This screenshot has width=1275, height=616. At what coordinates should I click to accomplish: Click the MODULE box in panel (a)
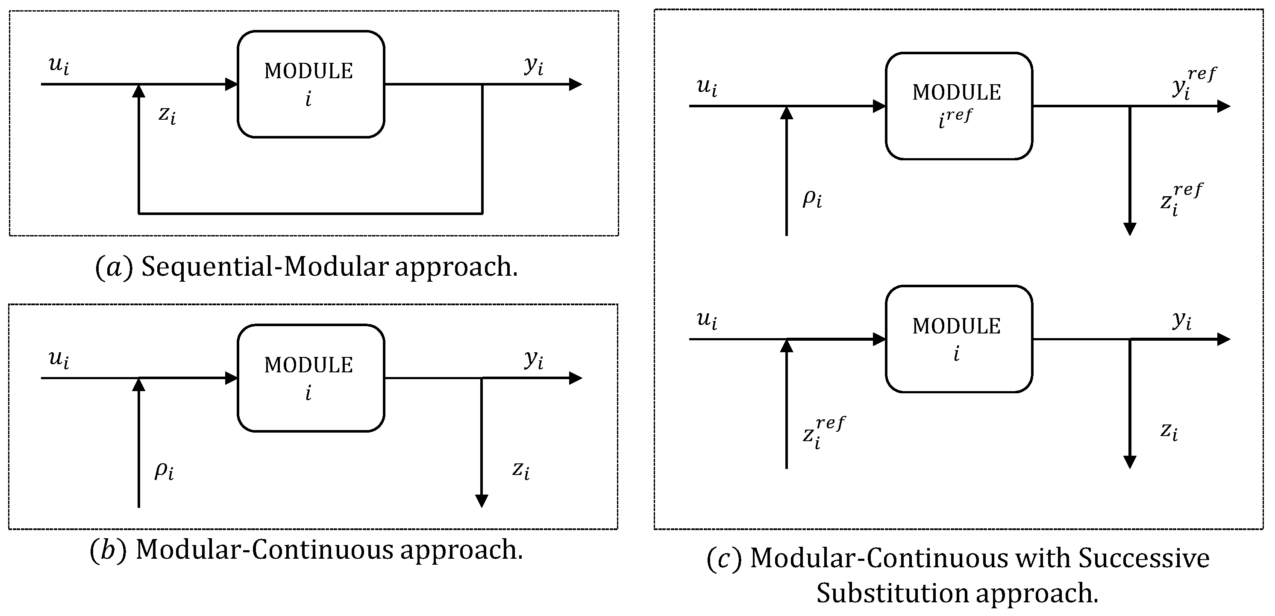coord(311,84)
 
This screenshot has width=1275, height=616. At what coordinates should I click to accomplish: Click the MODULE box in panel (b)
coord(311,378)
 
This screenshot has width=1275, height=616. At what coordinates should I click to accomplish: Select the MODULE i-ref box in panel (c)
coord(959,106)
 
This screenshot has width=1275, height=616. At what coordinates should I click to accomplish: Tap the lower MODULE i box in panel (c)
coord(959,339)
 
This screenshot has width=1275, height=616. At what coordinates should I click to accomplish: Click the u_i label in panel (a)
coord(59,65)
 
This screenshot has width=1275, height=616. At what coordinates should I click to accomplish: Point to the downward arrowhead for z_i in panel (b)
coord(482,501)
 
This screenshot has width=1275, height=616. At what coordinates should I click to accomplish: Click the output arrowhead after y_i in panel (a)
coord(576,84)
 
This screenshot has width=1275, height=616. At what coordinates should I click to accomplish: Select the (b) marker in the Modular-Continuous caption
coord(107,550)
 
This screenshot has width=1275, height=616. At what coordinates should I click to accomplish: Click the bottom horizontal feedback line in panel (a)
coord(311,213)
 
